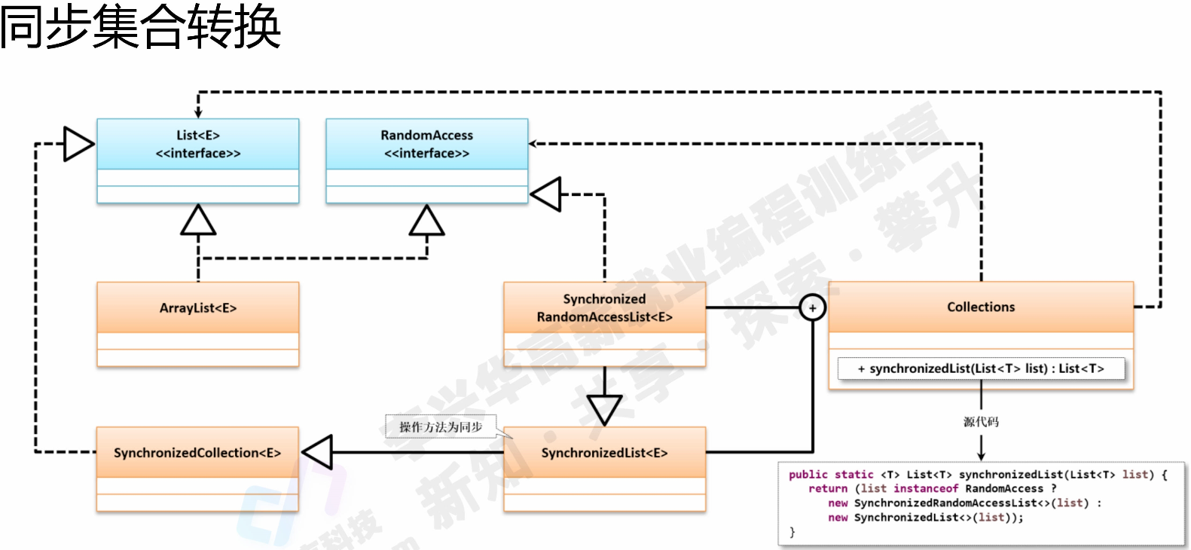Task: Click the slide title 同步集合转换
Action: click(x=140, y=26)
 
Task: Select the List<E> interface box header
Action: click(x=198, y=144)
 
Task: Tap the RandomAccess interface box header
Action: click(x=426, y=144)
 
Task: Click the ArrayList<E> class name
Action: click(x=198, y=308)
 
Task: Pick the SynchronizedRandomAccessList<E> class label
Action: click(x=604, y=308)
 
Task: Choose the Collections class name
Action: click(x=981, y=307)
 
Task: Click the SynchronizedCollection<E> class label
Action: click(x=197, y=453)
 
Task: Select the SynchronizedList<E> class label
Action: click(x=604, y=453)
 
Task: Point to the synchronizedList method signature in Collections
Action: click(x=981, y=368)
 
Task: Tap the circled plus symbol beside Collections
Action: click(x=812, y=308)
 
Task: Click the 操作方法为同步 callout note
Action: click(x=441, y=427)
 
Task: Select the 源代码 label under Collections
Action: click(x=981, y=422)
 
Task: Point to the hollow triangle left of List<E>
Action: click(x=78, y=144)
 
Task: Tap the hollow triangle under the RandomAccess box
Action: click(x=426, y=221)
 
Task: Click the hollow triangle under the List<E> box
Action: click(x=198, y=221)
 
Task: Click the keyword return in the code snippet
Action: click(x=828, y=489)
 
